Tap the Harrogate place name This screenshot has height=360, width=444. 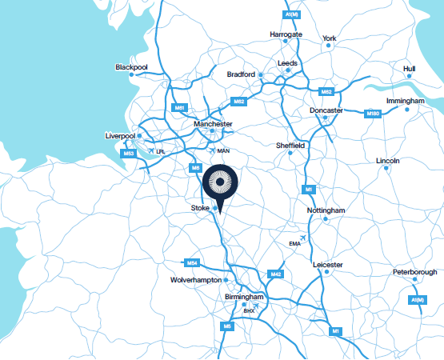click(286, 35)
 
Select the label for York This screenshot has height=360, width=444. click(330, 38)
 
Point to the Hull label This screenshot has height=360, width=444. click(410, 69)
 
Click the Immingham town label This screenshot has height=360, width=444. click(404, 101)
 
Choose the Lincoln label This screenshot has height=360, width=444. click(387, 161)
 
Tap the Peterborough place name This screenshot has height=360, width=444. click(414, 272)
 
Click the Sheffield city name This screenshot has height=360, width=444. click(290, 146)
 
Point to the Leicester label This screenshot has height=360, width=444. click(328, 264)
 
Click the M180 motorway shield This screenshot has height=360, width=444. click(373, 114)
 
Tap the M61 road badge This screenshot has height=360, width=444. click(179, 108)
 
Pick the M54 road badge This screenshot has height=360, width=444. click(191, 262)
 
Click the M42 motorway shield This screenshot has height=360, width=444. click(276, 274)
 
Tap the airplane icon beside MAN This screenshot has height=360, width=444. click(212, 150)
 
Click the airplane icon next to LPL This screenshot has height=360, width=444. click(150, 150)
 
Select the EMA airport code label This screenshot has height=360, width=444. click(294, 243)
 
